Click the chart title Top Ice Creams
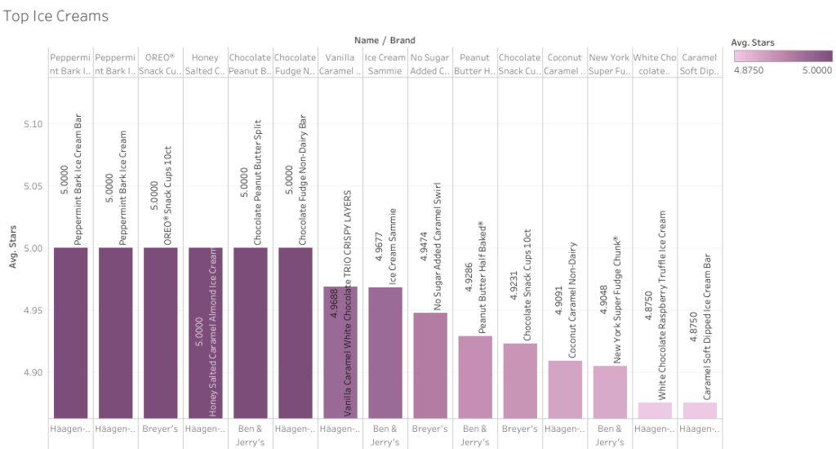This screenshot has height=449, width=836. (x=56, y=16)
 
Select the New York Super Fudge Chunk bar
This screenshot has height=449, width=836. (x=609, y=392)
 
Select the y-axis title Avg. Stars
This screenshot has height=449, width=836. (x=13, y=248)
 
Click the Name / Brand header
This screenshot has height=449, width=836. (x=385, y=40)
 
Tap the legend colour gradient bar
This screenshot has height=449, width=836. (x=783, y=56)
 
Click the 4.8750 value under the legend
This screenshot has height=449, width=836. (x=749, y=71)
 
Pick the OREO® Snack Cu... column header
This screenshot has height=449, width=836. (x=160, y=64)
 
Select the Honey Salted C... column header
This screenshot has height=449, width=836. (x=205, y=64)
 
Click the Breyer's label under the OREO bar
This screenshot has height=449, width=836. (x=160, y=429)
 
